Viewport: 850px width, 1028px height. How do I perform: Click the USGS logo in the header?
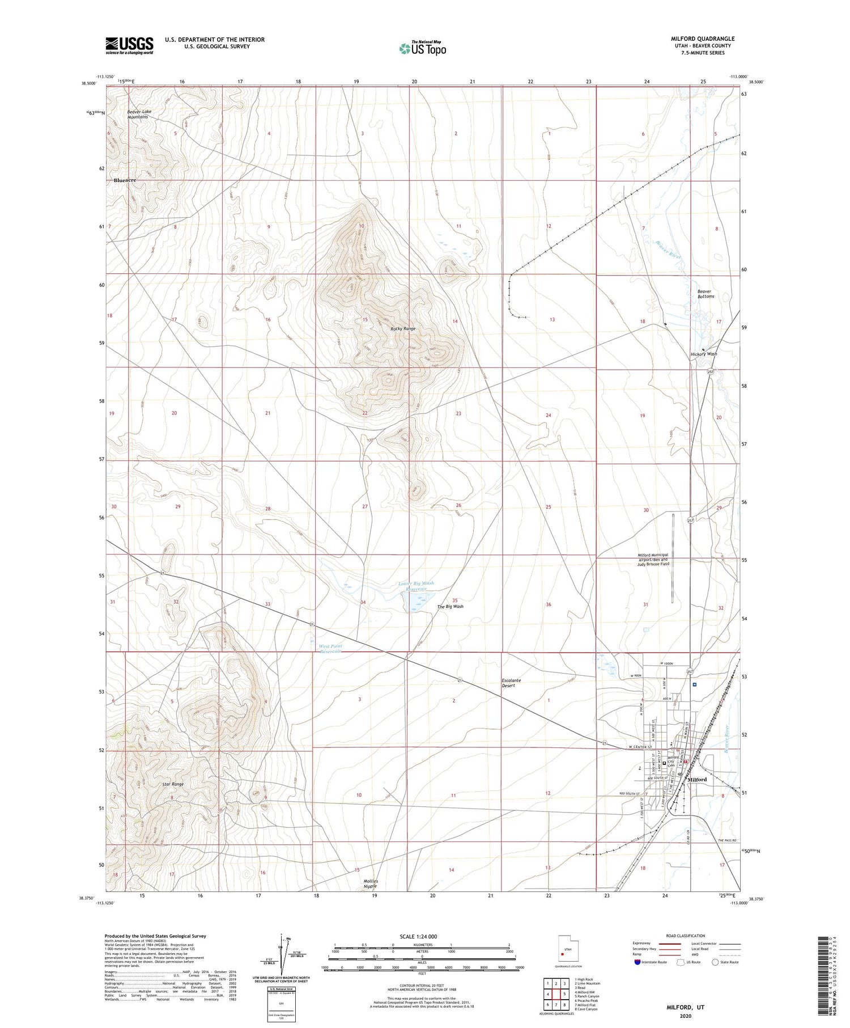click(129, 45)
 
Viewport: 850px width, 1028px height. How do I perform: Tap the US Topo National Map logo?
click(423, 48)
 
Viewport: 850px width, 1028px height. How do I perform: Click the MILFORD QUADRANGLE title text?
click(702, 39)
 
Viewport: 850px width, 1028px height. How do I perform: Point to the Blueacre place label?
click(125, 180)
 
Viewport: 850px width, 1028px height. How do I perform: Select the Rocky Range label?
click(403, 329)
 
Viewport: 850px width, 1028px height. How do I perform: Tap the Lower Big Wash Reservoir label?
click(416, 586)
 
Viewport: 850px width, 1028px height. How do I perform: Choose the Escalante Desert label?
click(511, 683)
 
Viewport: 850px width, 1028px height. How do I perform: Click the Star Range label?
click(173, 784)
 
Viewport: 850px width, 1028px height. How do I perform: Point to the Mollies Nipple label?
click(371, 883)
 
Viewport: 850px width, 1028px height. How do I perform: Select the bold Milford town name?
click(696, 780)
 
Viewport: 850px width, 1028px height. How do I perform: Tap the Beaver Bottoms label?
click(705, 294)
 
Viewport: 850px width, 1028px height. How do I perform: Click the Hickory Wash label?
click(704, 354)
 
